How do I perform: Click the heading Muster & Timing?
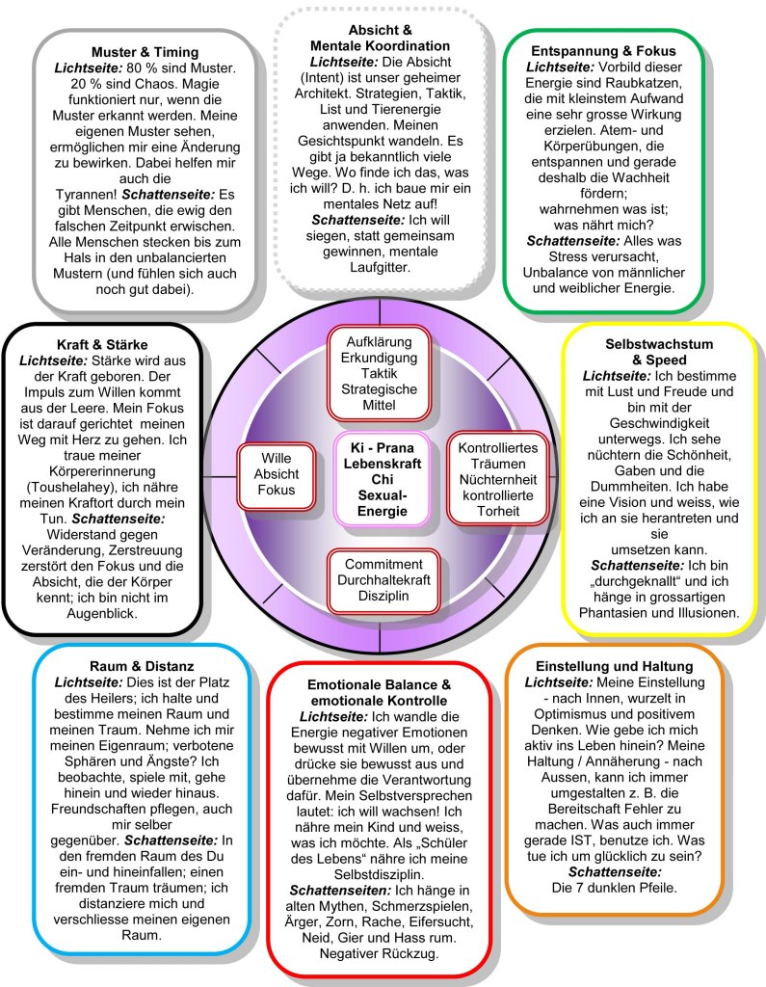(145, 52)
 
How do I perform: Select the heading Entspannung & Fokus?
(603, 50)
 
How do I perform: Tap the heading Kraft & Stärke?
(102, 344)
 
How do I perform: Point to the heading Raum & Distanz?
(128, 665)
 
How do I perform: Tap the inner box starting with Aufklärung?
(381, 373)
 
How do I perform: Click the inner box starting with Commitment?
(383, 580)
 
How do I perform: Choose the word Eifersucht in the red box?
(434, 920)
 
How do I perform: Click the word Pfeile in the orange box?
(653, 886)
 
